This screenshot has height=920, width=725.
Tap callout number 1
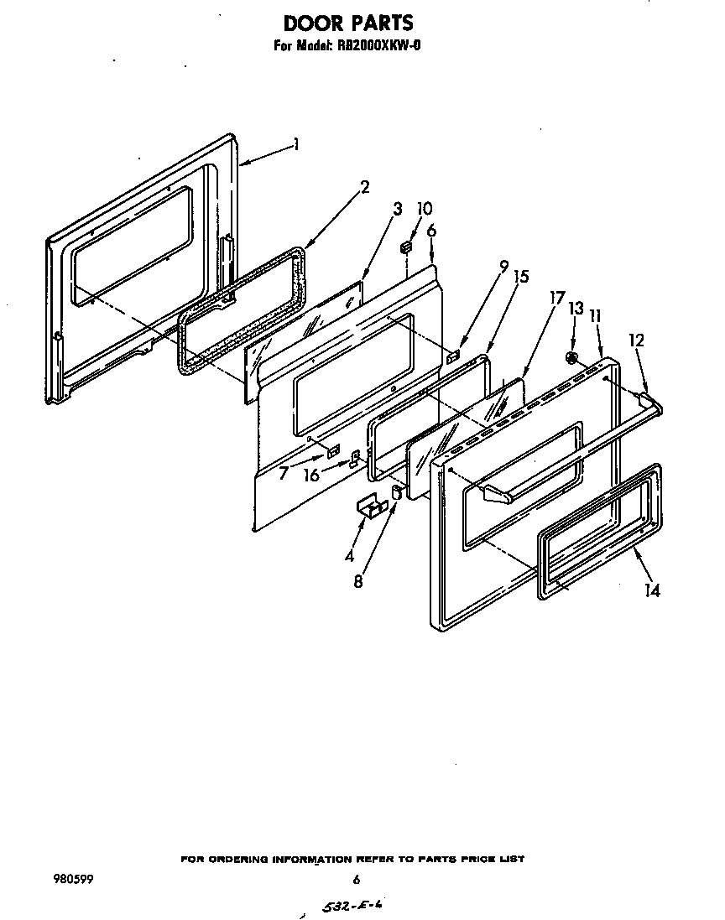click(x=296, y=144)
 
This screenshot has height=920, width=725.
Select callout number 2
click(x=364, y=187)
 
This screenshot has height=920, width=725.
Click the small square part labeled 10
click(x=407, y=247)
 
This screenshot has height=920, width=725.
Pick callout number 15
click(x=520, y=276)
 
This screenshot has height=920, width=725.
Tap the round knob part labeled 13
click(x=571, y=358)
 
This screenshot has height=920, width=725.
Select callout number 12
click(x=637, y=340)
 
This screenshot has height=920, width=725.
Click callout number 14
click(x=652, y=590)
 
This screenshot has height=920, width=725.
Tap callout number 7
click(x=284, y=473)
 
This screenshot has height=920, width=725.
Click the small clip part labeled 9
click(x=454, y=356)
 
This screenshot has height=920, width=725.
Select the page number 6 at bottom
click(x=356, y=880)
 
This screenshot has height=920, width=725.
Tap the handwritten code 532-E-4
click(x=350, y=907)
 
